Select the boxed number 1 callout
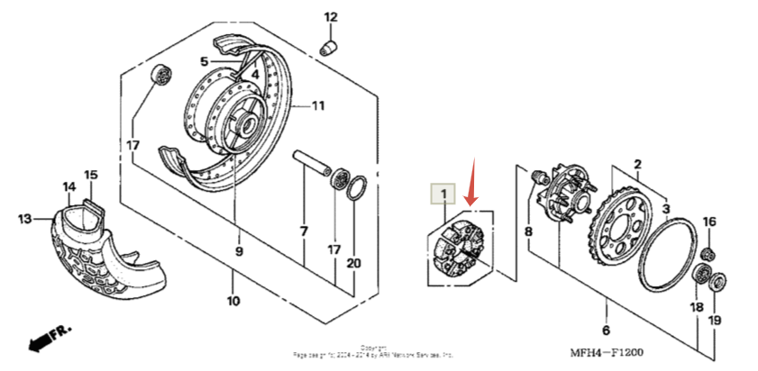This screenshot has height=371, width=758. (443, 192)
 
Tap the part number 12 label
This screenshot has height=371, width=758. (330, 16)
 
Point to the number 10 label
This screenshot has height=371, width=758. (233, 302)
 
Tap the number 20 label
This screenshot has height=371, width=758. (352, 263)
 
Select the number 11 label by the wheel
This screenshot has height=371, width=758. (317, 105)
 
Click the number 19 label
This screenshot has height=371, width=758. (715, 321)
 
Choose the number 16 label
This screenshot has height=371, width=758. (708, 222)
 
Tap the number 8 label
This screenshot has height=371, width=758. (528, 231)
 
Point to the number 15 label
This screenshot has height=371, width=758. (90, 174)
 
